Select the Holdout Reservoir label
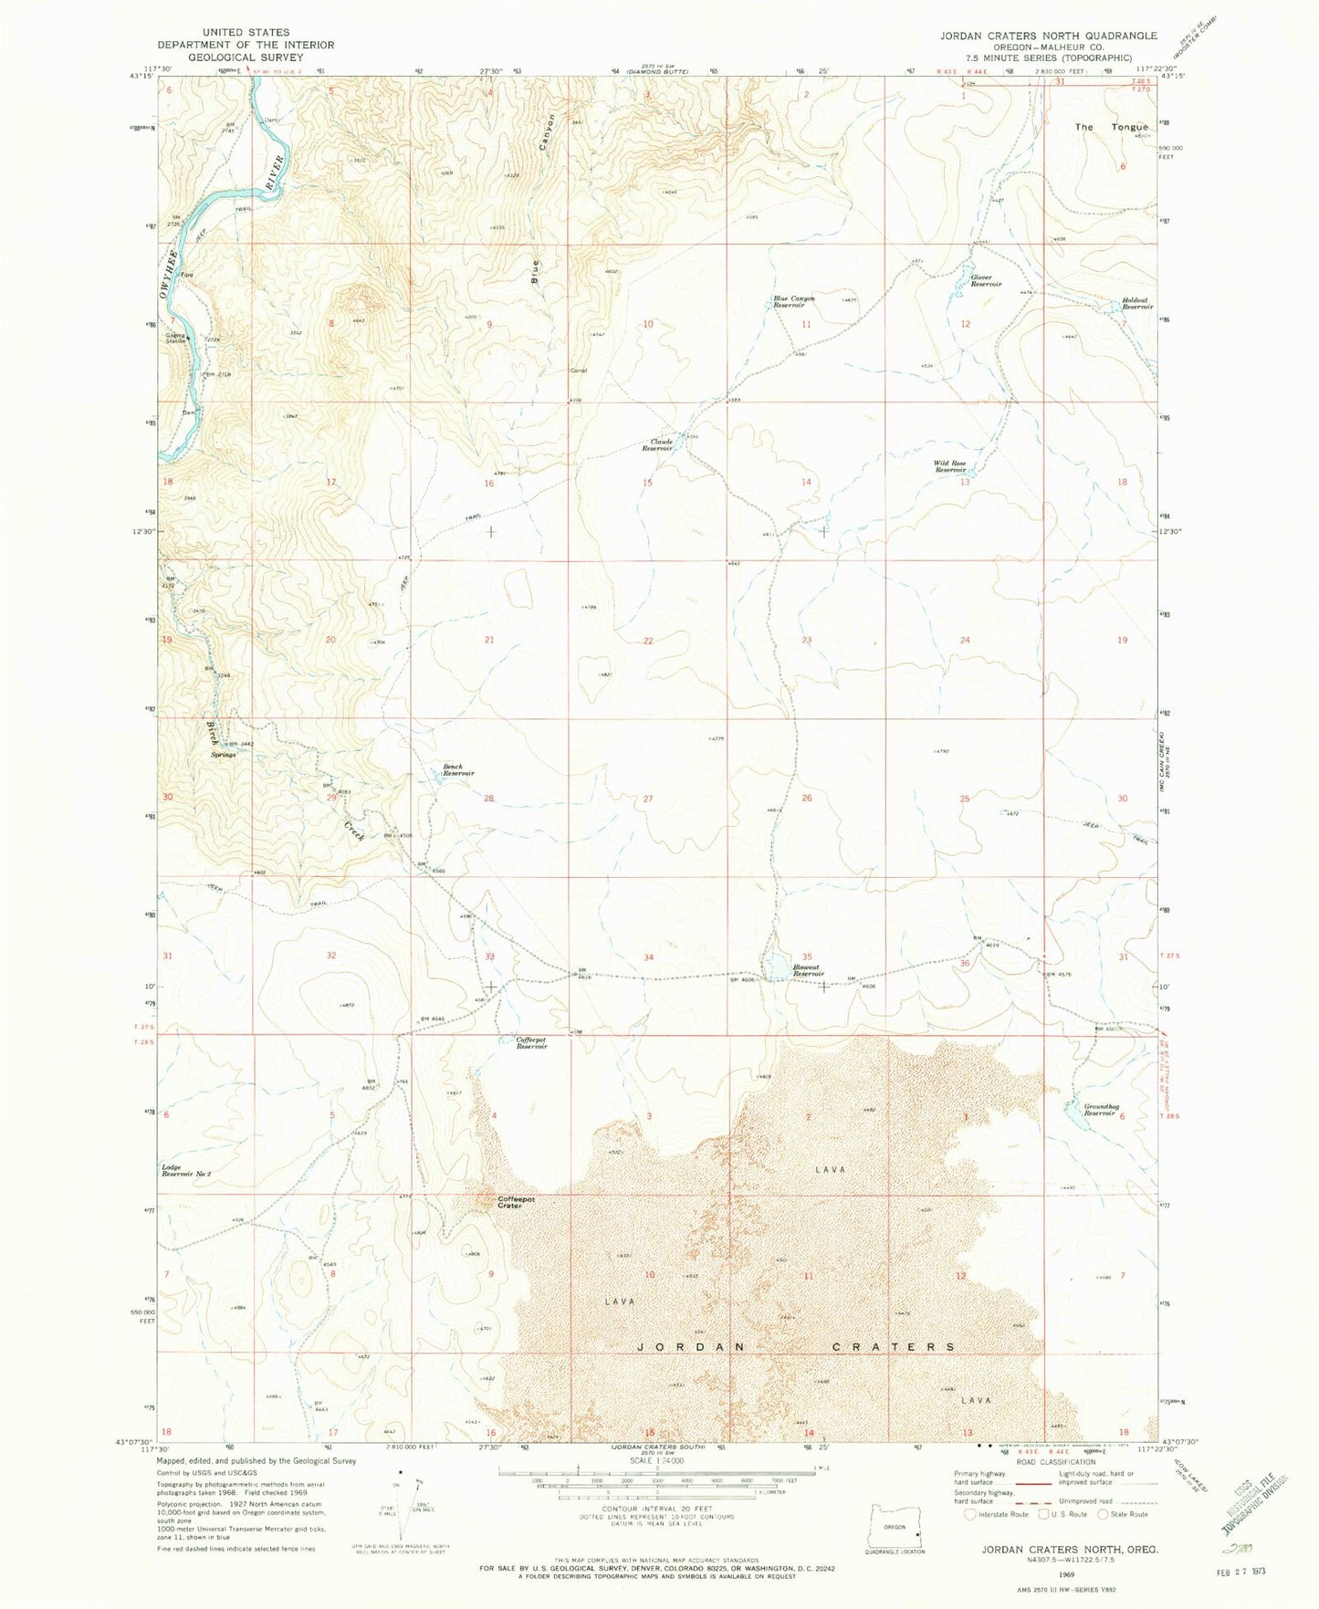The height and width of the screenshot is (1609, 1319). pos(1137,304)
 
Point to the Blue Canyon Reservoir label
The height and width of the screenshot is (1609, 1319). pos(794,301)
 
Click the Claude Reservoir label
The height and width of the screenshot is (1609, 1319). pos(657,444)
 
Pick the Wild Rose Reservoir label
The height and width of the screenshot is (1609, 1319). pos(949,466)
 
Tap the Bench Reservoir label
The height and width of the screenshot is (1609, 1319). pos(458,769)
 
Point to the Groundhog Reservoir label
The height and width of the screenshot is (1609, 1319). pos(1100,1109)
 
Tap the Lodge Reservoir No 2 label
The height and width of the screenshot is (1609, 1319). pos(186,1171)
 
